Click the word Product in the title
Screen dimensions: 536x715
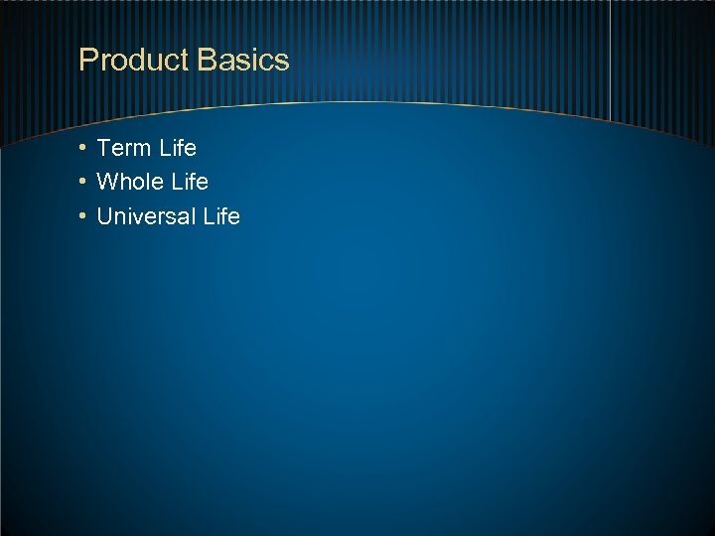pyautogui.click(x=134, y=61)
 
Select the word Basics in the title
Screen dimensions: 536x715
pyautogui.click(x=243, y=60)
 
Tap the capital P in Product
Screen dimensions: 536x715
pyautogui.click(x=87, y=60)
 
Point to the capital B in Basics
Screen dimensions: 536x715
pyautogui.click(x=207, y=60)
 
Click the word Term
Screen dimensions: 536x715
pyautogui.click(x=124, y=148)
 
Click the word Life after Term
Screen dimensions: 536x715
pyautogui.click(x=178, y=148)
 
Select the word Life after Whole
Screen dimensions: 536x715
pyautogui.click(x=190, y=182)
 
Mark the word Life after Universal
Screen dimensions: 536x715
pyautogui.click(x=221, y=216)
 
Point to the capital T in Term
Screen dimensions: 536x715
pyautogui.click(x=104, y=148)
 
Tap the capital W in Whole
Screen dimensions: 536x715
pyautogui.click(x=107, y=182)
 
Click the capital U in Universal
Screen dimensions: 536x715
pyautogui.click(x=105, y=216)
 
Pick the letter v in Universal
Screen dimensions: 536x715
pyautogui.click(x=138, y=217)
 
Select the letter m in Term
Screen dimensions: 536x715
pyautogui.click(x=143, y=150)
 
